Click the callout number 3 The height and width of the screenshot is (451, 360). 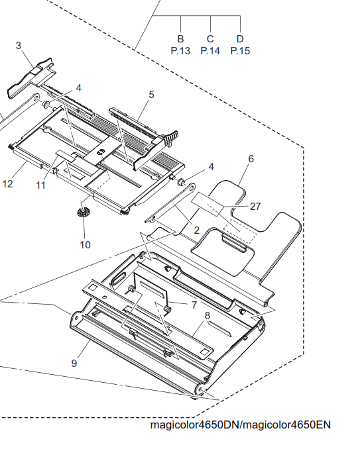point(19,46)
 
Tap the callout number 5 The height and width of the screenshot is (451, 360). point(151,94)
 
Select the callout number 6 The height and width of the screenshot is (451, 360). point(251,158)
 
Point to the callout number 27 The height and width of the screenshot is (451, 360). point(255,206)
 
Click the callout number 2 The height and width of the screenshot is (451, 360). point(197,230)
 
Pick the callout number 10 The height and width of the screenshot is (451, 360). point(86,245)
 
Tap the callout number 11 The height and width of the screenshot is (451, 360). point(40,185)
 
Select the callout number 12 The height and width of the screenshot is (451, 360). point(8,184)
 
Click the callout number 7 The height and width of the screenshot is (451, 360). point(194,305)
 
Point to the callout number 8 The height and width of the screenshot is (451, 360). point(208,315)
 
